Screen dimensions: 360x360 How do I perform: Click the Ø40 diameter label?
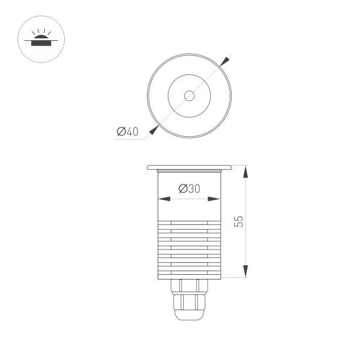(x=127, y=132)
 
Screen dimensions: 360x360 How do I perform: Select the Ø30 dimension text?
(x=190, y=189)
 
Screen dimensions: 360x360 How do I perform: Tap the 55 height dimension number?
(x=239, y=221)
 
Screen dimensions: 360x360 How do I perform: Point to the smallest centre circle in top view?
(x=189, y=95)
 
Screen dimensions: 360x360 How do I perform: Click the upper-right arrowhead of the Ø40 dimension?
(x=224, y=62)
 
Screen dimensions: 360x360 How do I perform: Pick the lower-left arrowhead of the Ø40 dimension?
(x=154, y=129)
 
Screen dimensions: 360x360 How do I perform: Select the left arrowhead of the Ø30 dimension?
(x=161, y=200)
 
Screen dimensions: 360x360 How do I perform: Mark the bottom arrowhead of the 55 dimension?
(x=245, y=272)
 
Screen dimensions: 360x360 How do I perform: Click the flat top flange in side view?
(x=189, y=167)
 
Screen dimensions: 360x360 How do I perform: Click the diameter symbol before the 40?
(x=121, y=132)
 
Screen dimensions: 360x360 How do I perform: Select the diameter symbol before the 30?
(x=183, y=189)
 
